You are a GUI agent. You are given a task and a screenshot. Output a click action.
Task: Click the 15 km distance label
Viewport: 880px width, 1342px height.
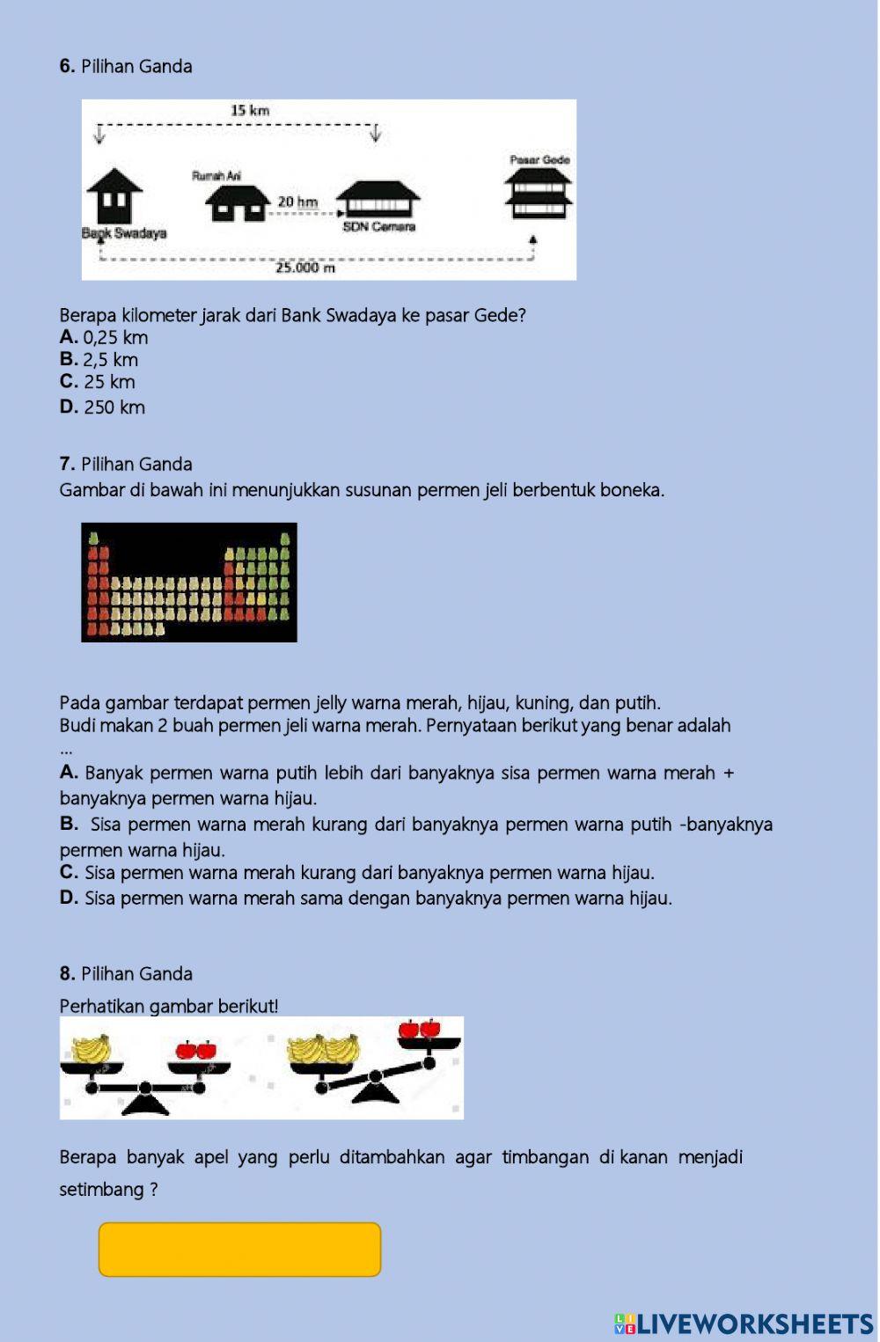250,111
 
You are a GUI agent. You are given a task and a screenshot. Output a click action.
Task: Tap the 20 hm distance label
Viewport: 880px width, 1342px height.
297,202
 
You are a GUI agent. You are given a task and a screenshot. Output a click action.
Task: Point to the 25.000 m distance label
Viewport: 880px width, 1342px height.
305,268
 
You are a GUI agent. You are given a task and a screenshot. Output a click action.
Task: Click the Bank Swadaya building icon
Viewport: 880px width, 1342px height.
114,196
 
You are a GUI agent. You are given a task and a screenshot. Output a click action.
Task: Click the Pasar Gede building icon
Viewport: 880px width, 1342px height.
539,193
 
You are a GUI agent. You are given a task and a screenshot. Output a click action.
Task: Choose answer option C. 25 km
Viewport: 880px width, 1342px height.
98,382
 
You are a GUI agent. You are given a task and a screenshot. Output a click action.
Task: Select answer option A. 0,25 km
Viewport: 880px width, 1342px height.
104,338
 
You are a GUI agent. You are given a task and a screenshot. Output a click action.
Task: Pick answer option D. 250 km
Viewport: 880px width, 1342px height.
102,407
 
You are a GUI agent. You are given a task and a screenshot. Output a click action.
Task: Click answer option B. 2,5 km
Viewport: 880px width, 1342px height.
99,360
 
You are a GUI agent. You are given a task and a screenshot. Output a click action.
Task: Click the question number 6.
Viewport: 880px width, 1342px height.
67,67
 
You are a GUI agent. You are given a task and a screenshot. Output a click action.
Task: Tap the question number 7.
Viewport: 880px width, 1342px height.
67,465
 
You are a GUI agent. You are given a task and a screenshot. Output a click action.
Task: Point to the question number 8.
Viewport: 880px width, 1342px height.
67,974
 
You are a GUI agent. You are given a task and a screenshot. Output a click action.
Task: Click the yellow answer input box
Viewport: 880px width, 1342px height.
239,1249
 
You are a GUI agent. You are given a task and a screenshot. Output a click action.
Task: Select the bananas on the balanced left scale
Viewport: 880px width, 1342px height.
92,1049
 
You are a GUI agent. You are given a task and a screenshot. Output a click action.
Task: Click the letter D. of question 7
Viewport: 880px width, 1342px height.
69,898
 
